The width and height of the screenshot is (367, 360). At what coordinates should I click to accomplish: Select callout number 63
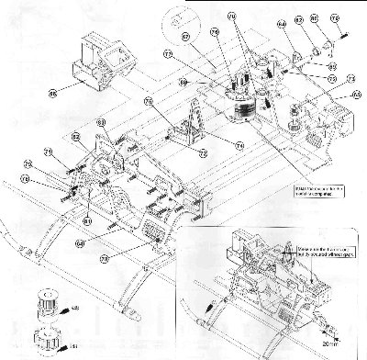(x=101, y=122)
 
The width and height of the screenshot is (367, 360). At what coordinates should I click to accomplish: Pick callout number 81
(x=86, y=220)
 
